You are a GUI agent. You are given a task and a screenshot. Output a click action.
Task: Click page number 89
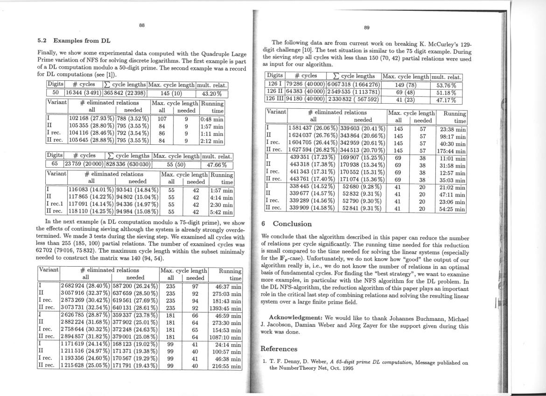click(367, 28)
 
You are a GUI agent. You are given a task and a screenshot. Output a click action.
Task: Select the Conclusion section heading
click(292, 224)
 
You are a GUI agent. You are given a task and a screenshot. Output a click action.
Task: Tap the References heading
click(279, 349)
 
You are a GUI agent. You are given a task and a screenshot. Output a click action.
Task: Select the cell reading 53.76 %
click(446, 85)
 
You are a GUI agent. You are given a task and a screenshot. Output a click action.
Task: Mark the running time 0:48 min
click(212, 119)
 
